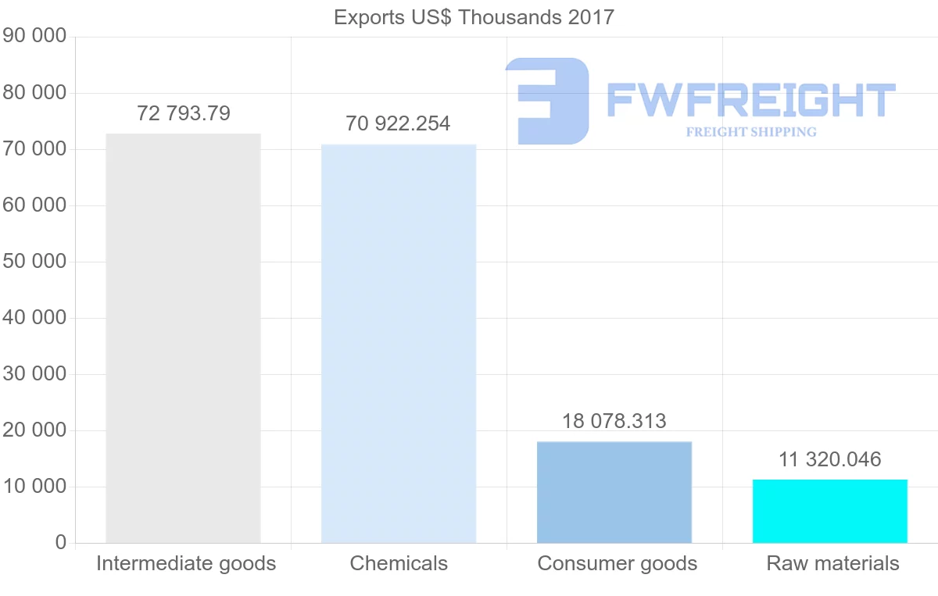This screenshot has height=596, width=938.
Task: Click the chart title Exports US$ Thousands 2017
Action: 474,17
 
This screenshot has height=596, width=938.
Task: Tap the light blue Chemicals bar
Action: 399,344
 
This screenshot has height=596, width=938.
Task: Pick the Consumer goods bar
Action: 614,492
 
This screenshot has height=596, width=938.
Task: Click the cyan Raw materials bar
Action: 830,511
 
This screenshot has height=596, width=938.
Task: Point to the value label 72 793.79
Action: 184,114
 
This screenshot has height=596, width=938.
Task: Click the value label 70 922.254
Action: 398,123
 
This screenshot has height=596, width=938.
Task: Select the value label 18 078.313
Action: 614,421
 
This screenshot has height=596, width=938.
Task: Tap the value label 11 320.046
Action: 830,459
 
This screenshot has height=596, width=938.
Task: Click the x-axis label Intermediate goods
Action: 186,563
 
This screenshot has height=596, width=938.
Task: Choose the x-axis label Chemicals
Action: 399,563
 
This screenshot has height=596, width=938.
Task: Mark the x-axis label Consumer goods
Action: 618,563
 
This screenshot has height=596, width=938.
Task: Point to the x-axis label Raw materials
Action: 833,563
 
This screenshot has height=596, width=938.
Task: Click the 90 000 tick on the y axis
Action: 35,37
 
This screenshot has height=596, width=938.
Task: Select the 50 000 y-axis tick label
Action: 35,262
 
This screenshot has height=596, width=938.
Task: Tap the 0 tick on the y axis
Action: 61,543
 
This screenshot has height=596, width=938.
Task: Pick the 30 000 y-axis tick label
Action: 35,374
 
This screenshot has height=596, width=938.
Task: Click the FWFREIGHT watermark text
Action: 750,100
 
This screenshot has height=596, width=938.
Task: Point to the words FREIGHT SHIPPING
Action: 751,132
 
